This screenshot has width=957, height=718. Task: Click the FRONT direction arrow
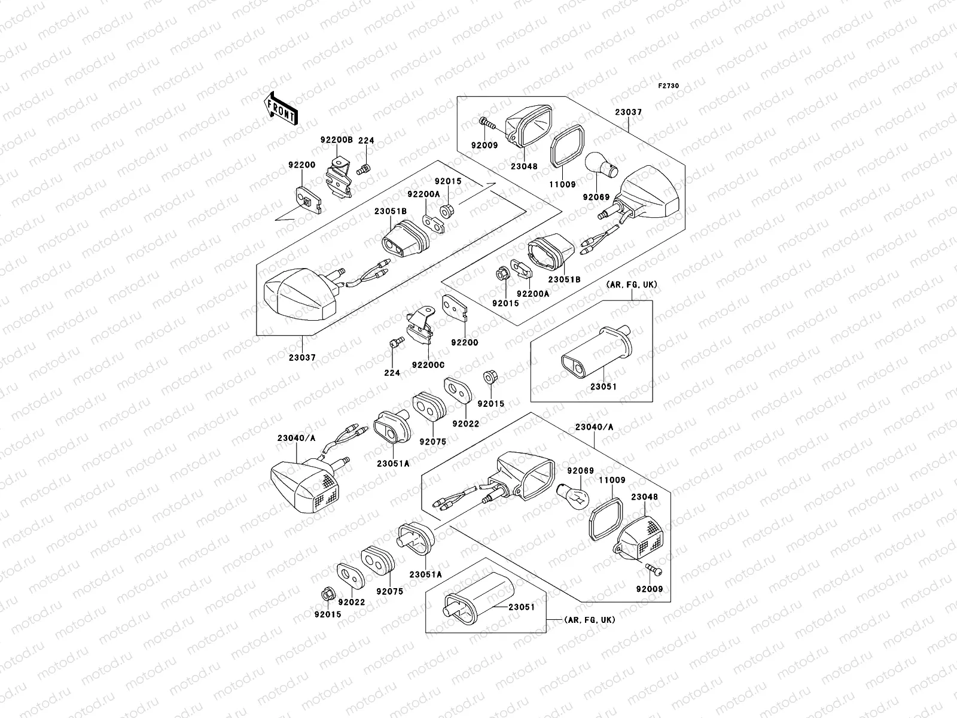(x=281, y=109)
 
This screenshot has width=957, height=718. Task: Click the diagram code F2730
(x=668, y=86)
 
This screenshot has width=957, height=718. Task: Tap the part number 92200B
(x=336, y=140)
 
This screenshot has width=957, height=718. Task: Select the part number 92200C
(x=428, y=365)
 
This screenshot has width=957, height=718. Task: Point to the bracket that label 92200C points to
(x=420, y=325)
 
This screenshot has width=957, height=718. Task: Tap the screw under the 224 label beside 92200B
(x=364, y=169)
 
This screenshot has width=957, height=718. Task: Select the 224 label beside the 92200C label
(x=392, y=373)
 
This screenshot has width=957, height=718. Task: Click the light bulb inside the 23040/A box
(x=573, y=497)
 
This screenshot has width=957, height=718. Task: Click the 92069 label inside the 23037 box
(x=596, y=197)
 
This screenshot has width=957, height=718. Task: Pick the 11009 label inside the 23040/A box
(x=612, y=480)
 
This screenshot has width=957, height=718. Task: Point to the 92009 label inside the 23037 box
(x=484, y=145)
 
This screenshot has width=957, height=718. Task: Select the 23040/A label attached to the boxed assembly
(x=594, y=427)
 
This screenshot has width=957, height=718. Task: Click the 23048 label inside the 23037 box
(x=524, y=166)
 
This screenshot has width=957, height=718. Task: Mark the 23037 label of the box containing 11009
(x=628, y=112)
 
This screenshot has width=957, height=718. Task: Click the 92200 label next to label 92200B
(x=301, y=165)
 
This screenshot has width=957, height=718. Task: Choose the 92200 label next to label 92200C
(x=464, y=343)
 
